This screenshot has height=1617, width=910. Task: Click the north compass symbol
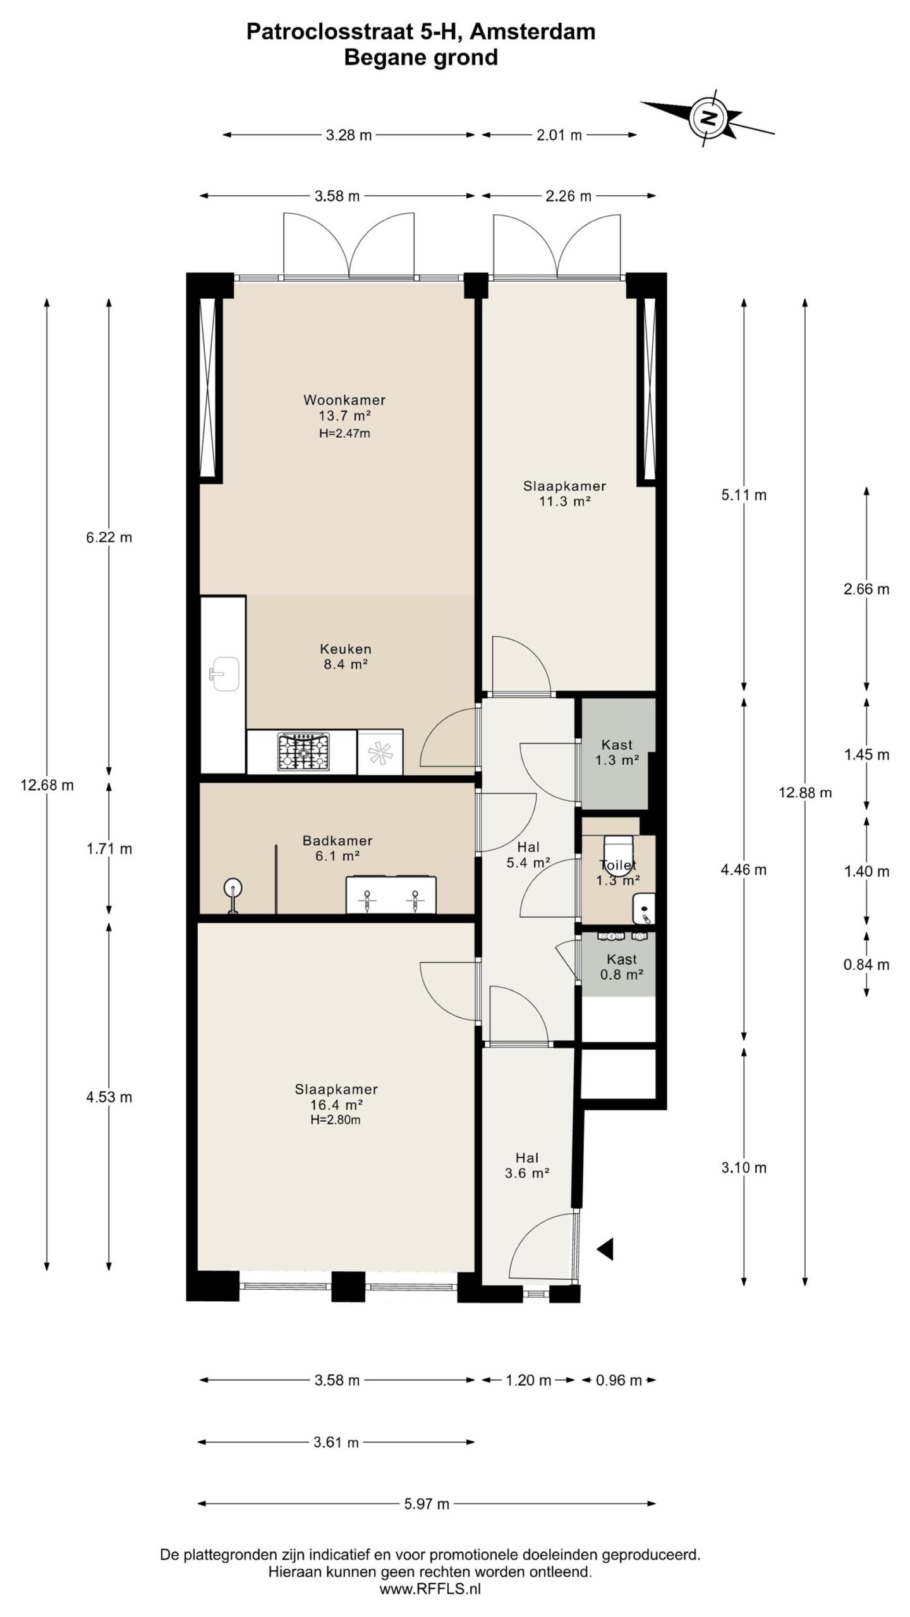coord(708,117)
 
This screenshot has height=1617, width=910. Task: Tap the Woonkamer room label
coord(344,400)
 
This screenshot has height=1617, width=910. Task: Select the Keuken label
coord(346,649)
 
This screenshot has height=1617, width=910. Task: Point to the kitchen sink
coord(224,675)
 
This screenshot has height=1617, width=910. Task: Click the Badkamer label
coord(337,841)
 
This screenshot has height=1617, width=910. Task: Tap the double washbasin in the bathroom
coord(391,895)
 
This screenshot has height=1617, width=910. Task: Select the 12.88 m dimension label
coord(805,793)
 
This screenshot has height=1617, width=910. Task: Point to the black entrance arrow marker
coord(605,1249)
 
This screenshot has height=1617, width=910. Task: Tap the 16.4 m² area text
coord(337,1105)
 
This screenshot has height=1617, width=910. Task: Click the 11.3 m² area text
coord(564,502)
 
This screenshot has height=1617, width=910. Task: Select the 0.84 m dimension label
coord(866,965)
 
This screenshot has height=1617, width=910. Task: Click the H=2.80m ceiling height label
coord(336,1120)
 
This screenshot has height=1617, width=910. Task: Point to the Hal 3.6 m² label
coord(527,1165)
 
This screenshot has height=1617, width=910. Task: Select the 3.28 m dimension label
coord(349,135)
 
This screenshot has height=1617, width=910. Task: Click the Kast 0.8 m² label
coord(622,967)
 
